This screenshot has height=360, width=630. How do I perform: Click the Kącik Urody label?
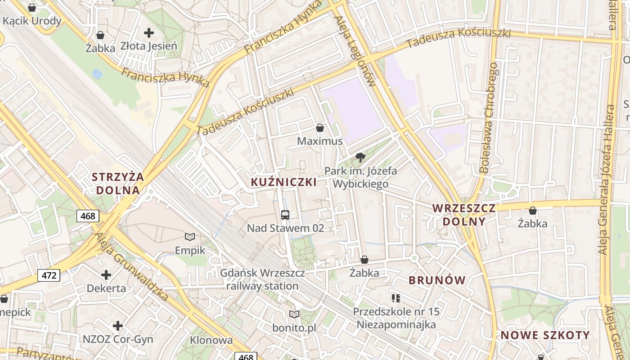[x=32, y=21]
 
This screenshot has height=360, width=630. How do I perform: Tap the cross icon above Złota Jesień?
[x=148, y=33]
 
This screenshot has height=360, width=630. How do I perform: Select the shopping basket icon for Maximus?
[x=320, y=128]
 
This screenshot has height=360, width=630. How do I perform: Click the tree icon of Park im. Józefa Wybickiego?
[x=360, y=157]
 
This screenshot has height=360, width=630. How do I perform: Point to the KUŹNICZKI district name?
[x=283, y=182]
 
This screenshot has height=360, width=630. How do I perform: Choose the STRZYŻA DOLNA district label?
[x=118, y=183]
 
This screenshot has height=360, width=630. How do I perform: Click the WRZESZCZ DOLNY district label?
[x=464, y=215]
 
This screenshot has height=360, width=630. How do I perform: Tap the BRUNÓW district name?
[x=437, y=280]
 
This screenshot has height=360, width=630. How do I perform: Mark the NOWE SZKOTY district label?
[x=545, y=335]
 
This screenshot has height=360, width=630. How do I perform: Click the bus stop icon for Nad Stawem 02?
[x=285, y=215]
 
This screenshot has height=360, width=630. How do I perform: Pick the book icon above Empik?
[x=190, y=237]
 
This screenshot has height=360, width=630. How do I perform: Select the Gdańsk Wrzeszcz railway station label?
[x=262, y=279]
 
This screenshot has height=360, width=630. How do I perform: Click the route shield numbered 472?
[x=49, y=275]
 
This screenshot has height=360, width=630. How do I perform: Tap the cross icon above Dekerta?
[x=106, y=274]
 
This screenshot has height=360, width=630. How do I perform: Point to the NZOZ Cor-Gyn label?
[x=118, y=339]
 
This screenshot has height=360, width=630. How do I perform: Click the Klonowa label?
[x=211, y=340]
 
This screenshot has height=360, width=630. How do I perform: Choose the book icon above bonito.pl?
[x=294, y=314]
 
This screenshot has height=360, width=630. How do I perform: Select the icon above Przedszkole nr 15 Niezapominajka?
[x=396, y=298]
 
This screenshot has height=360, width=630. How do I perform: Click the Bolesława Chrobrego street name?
[x=489, y=118]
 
